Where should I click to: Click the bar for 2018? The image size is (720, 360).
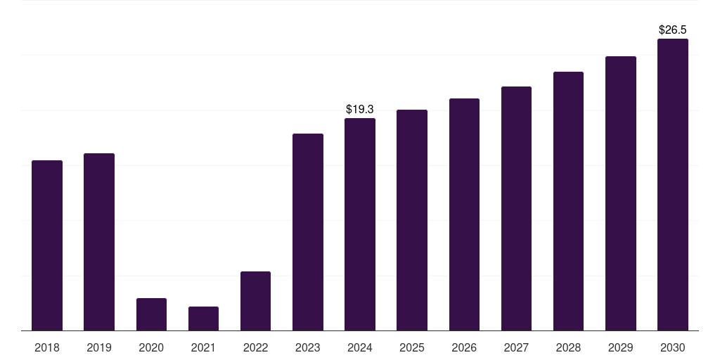[47, 245]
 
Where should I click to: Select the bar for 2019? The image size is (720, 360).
[99, 242]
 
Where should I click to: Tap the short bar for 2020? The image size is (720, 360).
[151, 314]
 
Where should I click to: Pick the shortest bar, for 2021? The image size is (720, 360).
[203, 319]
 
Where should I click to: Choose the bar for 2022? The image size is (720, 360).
[255, 301]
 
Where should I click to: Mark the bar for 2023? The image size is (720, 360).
[308, 232]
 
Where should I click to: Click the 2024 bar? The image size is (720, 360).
[360, 224]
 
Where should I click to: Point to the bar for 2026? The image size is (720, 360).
[464, 214]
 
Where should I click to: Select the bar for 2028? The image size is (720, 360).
[568, 201]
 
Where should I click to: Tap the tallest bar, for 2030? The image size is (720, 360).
[673, 184]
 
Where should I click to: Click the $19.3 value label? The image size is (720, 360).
[360, 110]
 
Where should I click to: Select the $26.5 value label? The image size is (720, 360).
[673, 30]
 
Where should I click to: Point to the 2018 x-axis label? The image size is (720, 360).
[47, 347]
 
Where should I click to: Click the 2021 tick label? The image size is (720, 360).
[203, 347]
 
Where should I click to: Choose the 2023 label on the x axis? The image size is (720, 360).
[308, 347]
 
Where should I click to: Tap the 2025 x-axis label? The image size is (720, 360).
[412, 347]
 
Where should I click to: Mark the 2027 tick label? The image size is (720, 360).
[516, 347]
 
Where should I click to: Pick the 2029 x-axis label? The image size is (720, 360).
[621, 347]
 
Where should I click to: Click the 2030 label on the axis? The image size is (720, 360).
[673, 347]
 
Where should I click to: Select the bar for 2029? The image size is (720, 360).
[621, 193]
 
